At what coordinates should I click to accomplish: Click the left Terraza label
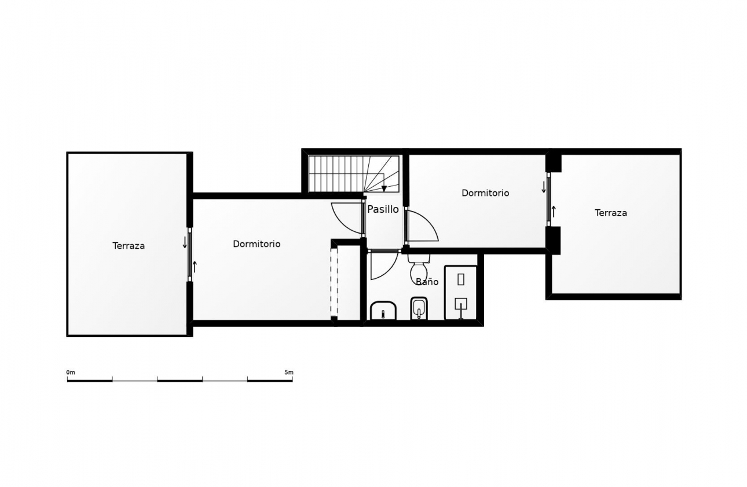129,246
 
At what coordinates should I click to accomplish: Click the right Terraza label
610,213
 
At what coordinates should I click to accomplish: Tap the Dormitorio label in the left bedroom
257,244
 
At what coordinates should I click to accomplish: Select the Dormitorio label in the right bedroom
485,193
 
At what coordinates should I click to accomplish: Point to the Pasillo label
383,209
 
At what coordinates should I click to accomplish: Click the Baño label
427,282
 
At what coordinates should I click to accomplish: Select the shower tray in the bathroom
460,292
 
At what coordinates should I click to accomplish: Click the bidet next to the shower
419,308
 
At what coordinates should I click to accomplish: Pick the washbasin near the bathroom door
383,311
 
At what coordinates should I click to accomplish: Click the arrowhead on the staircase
384,188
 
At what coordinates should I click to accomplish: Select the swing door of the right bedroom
421,227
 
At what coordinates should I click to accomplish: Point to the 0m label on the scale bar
71,372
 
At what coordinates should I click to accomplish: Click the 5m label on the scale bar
288,372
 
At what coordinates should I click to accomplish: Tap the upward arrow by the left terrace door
195,267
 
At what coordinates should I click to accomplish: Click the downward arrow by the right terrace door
543,187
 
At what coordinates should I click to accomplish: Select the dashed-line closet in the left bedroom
334,283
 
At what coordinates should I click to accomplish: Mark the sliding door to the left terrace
189,255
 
